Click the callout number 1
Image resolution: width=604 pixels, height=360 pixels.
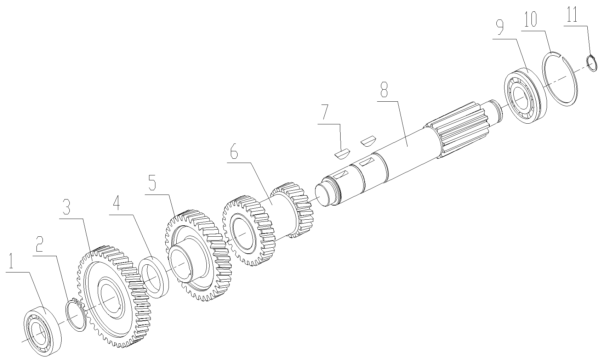pyautogui.click(x=11, y=261)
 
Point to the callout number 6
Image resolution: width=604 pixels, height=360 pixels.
pyautogui.click(x=234, y=152)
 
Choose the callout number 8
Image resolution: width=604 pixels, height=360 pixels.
pyautogui.click(x=384, y=90)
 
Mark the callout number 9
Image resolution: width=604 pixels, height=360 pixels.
pyautogui.click(x=500, y=28)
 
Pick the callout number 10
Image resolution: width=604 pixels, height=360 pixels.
pyautogui.click(x=530, y=19)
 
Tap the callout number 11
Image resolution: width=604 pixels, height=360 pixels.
pyautogui.click(x=572, y=15)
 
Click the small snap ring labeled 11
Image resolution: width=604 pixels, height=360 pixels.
pyautogui.click(x=592, y=63)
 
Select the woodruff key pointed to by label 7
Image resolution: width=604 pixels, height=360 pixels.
pyautogui.click(x=342, y=154)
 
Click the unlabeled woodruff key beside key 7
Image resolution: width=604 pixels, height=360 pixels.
pyautogui.click(x=367, y=141)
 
